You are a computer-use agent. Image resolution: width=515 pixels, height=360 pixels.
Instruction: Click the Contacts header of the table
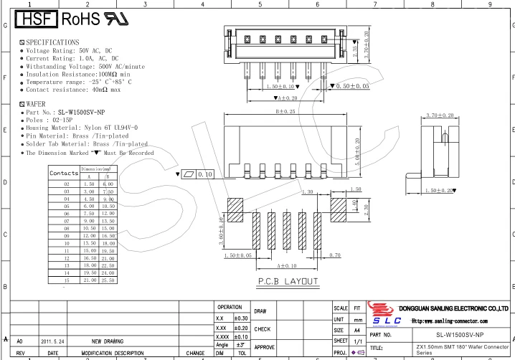64,173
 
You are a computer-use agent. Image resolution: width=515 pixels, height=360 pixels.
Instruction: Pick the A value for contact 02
89,184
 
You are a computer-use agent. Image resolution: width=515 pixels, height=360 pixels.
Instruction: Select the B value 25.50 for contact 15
108,280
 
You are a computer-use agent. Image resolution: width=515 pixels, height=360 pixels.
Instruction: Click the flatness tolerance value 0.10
205,174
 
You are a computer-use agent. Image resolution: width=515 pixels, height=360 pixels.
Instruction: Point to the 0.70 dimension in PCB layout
334,255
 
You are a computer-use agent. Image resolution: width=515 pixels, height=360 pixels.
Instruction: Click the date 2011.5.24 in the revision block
53,341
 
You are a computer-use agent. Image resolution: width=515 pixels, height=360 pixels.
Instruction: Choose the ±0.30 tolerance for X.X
241,318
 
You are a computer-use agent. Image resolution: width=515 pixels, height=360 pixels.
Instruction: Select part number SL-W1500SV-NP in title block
460,335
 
